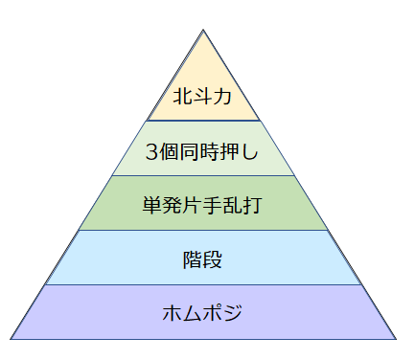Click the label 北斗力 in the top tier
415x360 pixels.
point(202,96)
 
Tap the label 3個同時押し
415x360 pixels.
point(202,151)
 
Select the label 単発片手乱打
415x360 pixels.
point(202,205)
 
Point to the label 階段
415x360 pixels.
point(202,259)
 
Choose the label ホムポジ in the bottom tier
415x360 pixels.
point(202,312)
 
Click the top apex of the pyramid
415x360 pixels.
point(203,30)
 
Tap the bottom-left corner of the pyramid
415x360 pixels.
point(11,339)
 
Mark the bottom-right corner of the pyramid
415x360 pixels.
point(396,339)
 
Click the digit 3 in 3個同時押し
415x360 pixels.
point(151,152)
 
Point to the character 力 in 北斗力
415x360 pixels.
point(222,97)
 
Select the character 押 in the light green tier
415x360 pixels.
point(229,151)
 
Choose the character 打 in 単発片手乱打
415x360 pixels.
point(253,205)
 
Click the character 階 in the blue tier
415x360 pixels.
point(193,259)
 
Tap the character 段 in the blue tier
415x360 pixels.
point(212,259)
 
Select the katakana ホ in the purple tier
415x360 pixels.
point(172,313)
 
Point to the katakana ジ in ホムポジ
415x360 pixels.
point(232,312)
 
